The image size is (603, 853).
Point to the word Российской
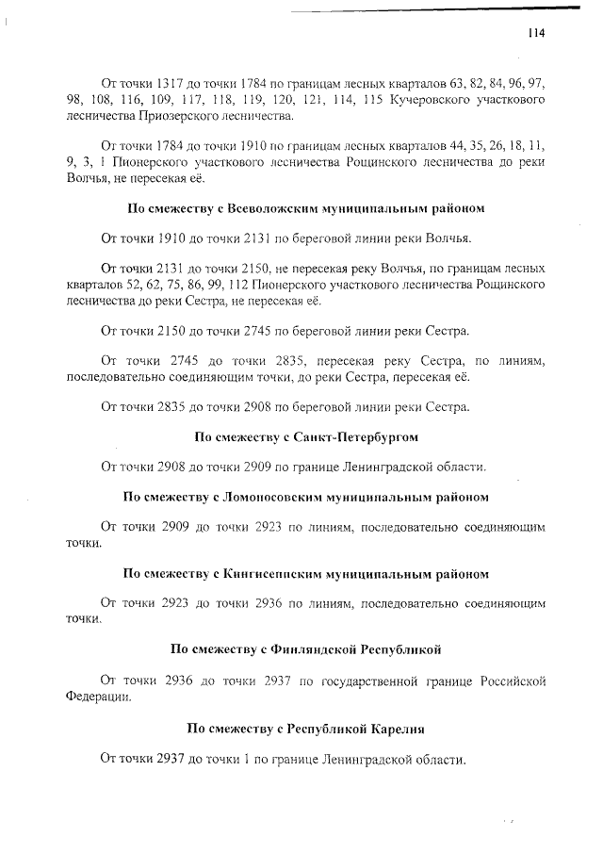tap(511, 681)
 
